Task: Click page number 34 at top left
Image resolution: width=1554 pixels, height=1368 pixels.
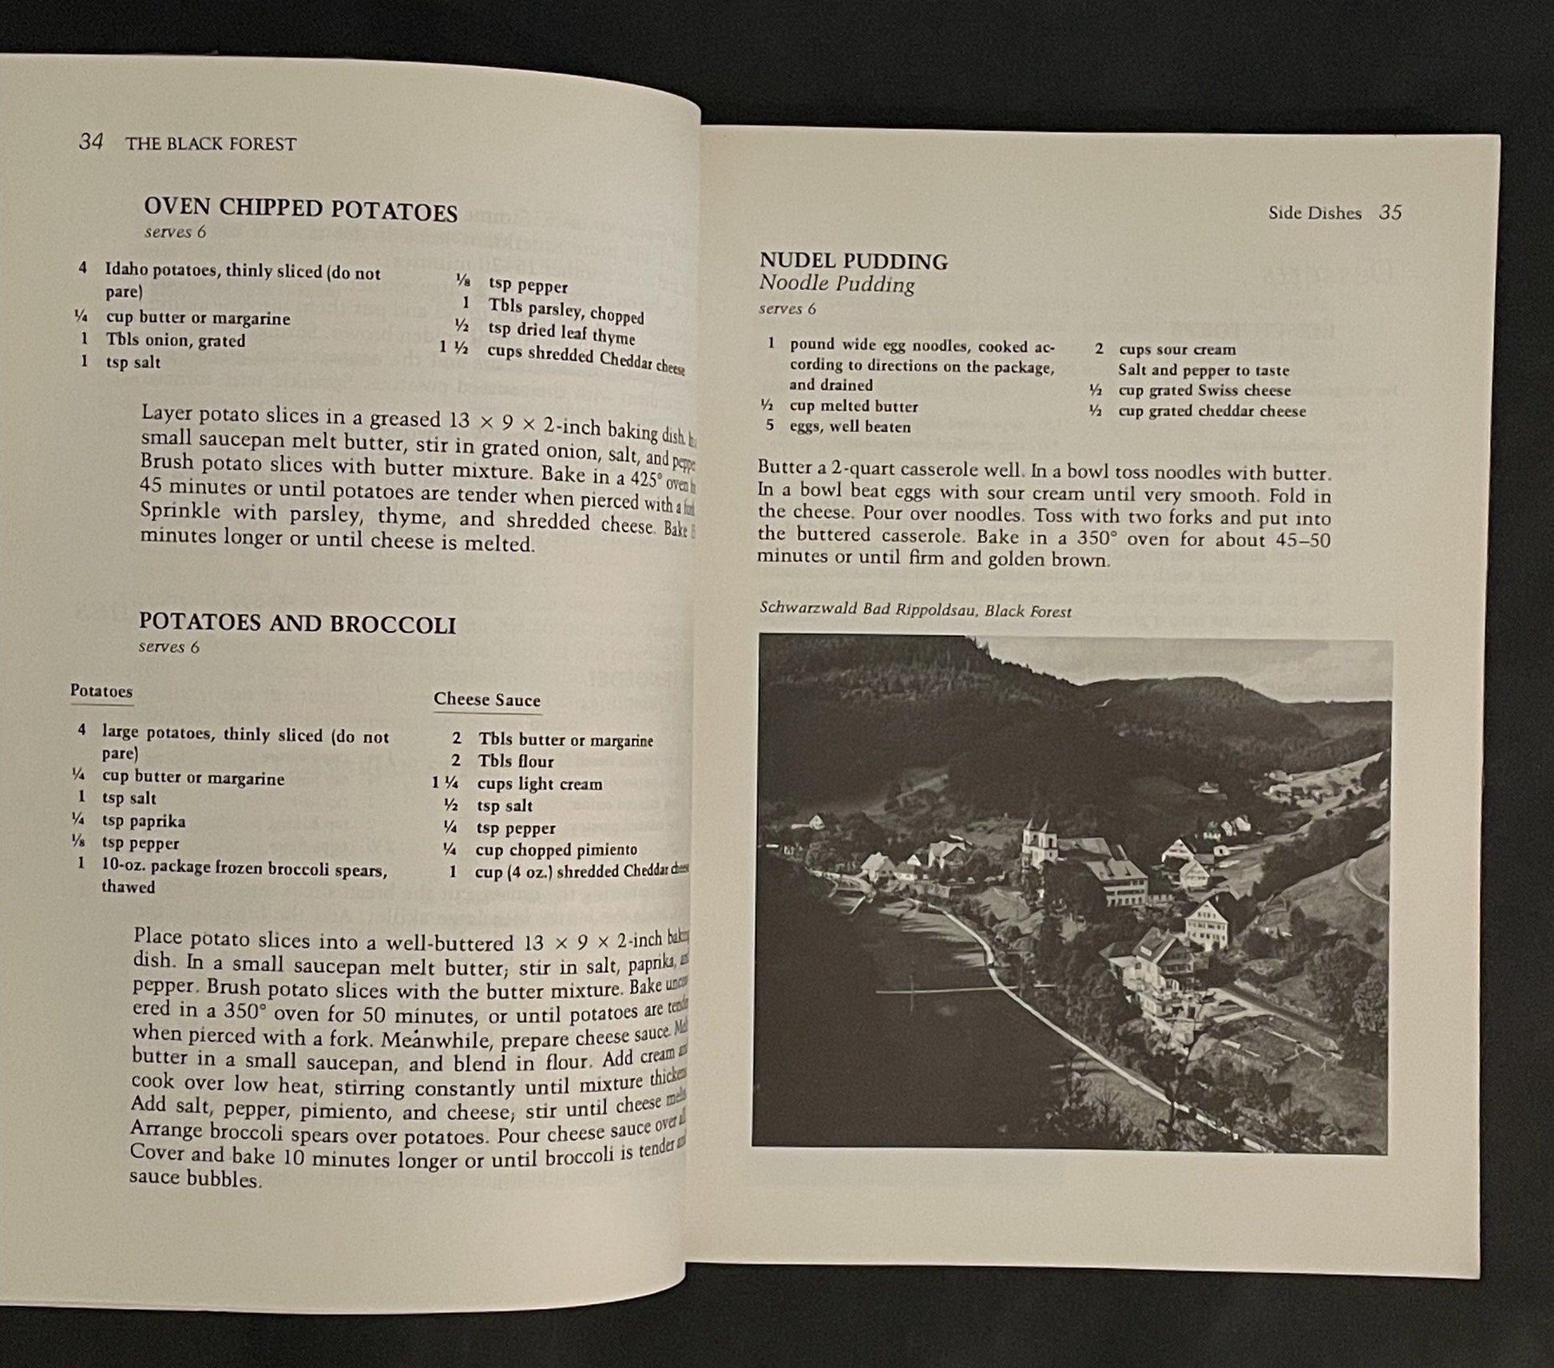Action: click(x=91, y=142)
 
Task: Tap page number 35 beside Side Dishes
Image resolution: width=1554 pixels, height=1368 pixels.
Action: click(x=1390, y=212)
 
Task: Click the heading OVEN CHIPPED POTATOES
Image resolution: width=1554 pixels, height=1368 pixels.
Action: click(x=300, y=209)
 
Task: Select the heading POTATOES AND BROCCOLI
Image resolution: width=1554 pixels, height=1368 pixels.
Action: click(x=297, y=624)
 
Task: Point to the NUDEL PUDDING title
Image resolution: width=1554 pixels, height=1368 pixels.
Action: click(x=853, y=261)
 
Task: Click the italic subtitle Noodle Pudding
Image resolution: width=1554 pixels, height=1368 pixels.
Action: click(x=836, y=284)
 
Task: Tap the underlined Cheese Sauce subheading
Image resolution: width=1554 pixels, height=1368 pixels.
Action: click(x=486, y=700)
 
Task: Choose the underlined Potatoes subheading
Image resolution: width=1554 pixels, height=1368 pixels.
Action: click(x=101, y=691)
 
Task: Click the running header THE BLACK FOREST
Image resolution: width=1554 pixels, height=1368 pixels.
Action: click(x=211, y=145)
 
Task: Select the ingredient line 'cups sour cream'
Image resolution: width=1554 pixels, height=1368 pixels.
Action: click(x=1176, y=349)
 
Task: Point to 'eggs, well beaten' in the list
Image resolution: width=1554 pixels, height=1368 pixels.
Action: click(x=850, y=426)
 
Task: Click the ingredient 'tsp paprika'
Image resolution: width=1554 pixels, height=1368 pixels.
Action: click(x=143, y=821)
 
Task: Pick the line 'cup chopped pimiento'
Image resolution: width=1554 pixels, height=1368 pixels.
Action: click(x=556, y=850)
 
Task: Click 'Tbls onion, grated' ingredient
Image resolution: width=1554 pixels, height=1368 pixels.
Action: click(x=175, y=340)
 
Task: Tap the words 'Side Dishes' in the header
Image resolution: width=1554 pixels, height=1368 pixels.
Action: click(x=1314, y=213)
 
